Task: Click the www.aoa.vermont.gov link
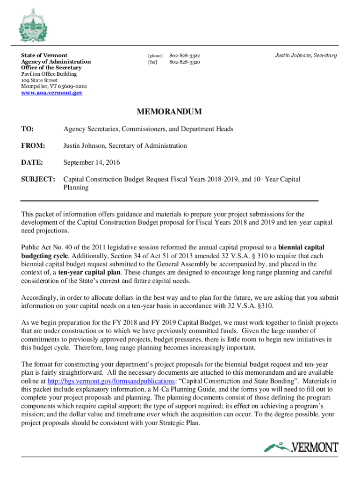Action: (x=52, y=93)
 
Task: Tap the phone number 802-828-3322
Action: (x=185, y=55)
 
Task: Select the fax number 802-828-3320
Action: (x=185, y=62)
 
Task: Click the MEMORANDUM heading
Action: (x=169, y=112)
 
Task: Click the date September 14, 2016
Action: (x=92, y=162)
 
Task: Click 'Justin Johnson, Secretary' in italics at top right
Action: (x=305, y=55)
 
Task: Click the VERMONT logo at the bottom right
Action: (x=301, y=448)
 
